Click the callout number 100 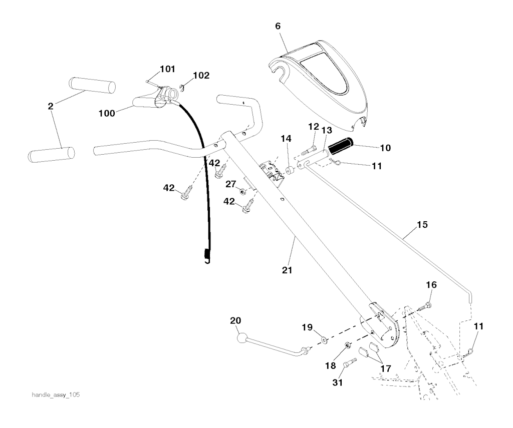(107, 114)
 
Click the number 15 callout (422, 225)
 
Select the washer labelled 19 (324, 340)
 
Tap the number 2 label (50, 106)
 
